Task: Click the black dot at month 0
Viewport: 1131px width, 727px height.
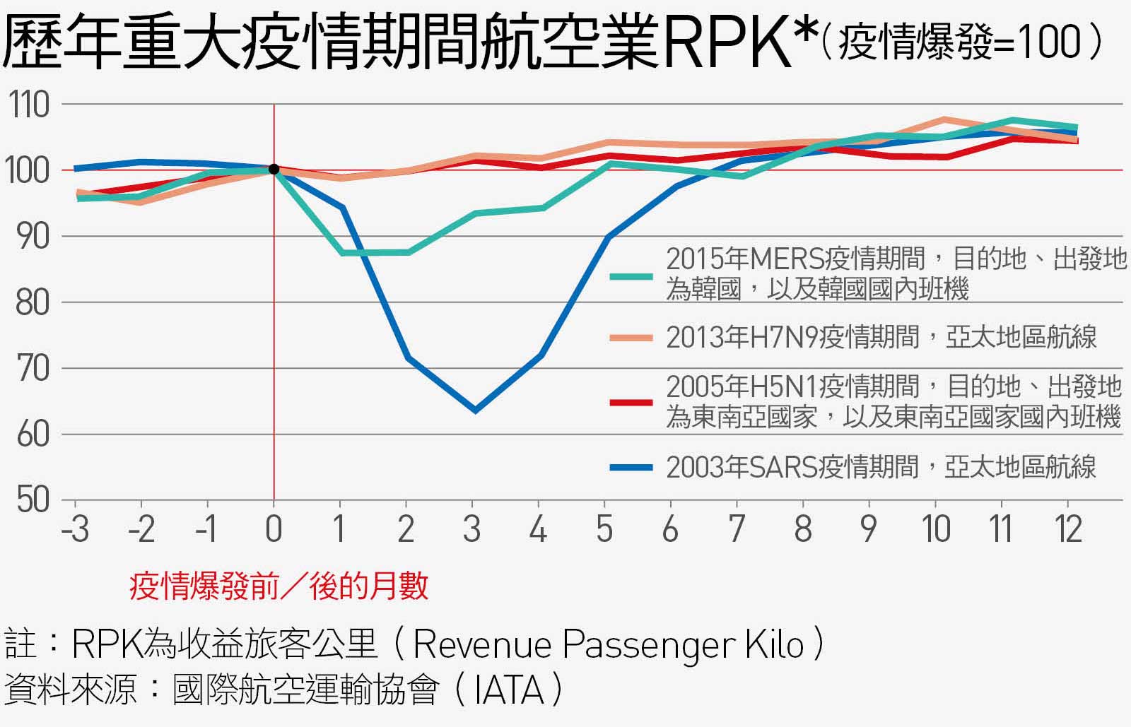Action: (274, 170)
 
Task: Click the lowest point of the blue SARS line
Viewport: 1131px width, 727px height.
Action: (474, 410)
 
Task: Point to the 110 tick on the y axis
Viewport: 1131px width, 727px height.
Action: (30, 105)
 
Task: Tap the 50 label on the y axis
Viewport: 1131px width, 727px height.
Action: (31, 500)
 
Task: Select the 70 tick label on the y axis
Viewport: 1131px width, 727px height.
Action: (31, 369)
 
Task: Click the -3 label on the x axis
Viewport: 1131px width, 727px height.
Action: (76, 529)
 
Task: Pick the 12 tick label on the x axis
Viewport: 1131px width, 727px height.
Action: (1069, 529)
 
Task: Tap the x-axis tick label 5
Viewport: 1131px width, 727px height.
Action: (604, 529)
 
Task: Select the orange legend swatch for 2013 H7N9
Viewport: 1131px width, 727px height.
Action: (631, 338)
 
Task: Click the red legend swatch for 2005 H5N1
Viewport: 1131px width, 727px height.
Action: (631, 402)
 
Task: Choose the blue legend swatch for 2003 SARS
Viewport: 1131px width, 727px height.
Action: (631, 467)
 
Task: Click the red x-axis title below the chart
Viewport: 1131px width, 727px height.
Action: (279, 586)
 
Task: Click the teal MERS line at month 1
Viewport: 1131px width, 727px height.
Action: (342, 252)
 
